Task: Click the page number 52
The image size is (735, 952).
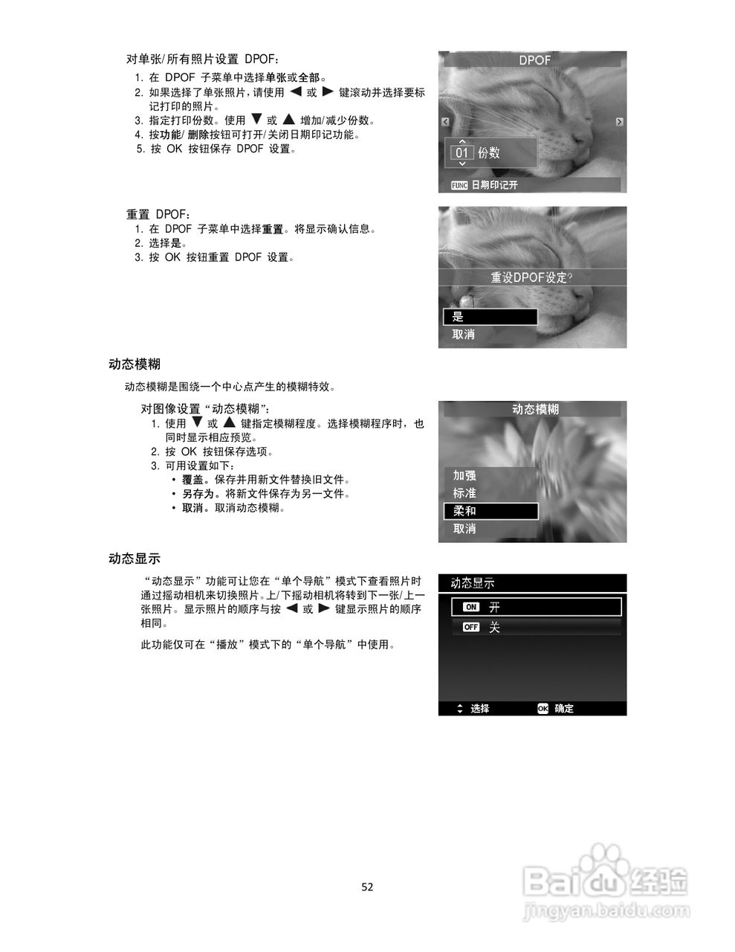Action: (367, 887)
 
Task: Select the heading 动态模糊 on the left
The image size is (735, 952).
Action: (135, 364)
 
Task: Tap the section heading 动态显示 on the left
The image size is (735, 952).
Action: (135, 559)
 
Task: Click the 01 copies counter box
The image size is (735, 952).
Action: (462, 153)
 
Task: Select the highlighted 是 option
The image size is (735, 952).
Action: (490, 317)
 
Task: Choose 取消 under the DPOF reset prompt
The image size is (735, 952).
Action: (464, 335)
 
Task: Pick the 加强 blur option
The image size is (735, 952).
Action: (464, 475)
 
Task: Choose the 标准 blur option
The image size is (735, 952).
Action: (464, 493)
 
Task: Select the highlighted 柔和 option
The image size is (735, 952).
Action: (490, 511)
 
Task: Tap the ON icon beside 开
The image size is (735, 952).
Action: (471, 607)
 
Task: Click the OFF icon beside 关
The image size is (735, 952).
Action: (471, 627)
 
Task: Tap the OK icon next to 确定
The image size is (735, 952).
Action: (543, 709)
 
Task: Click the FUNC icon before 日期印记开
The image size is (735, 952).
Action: (459, 185)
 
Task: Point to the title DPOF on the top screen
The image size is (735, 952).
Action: (534, 60)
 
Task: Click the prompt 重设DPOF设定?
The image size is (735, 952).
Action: (532, 277)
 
